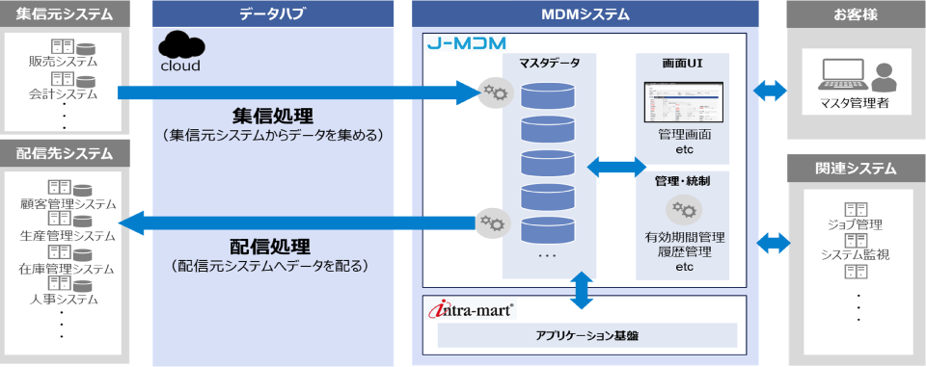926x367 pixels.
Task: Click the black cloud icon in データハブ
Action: coord(179,44)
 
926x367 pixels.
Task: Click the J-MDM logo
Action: coord(466,44)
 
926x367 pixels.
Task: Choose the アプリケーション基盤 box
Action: coord(586,335)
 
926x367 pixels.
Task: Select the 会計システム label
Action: coord(64,94)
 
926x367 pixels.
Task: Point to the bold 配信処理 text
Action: coord(272,243)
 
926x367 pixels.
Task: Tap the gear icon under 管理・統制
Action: coord(683,210)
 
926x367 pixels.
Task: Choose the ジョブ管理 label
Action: coord(855,224)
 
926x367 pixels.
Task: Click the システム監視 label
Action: coord(855,254)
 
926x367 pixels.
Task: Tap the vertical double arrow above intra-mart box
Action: coord(580,290)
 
